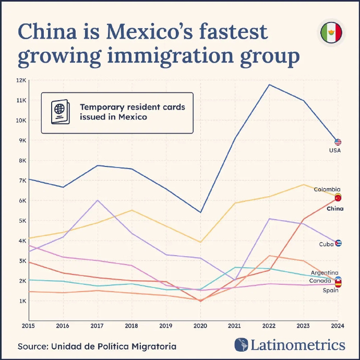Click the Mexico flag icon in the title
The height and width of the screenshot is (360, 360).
tap(331, 33)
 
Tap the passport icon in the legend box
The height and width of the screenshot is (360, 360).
tap(59, 113)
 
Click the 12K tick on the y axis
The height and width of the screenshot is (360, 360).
tap(21, 80)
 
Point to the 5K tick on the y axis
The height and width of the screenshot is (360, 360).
tap(22, 221)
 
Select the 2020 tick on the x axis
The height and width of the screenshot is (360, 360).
tap(200, 326)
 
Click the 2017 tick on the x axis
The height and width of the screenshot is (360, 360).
tap(97, 326)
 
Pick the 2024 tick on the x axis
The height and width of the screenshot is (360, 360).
tap(337, 326)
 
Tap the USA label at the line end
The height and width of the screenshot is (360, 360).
tap(334, 150)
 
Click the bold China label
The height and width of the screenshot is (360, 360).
tap(334, 209)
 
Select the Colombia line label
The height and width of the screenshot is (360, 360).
tap(327, 189)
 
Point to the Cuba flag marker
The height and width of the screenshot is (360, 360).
tap(338, 243)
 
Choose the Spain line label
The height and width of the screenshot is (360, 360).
tap(330, 290)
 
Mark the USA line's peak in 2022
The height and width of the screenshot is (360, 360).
tap(269, 85)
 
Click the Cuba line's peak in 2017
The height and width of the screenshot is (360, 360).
tap(97, 200)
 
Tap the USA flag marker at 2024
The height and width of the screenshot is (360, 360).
tap(338, 142)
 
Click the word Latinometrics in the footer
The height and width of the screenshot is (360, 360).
tap(298, 345)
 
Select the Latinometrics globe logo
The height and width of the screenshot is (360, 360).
tap(241, 345)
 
